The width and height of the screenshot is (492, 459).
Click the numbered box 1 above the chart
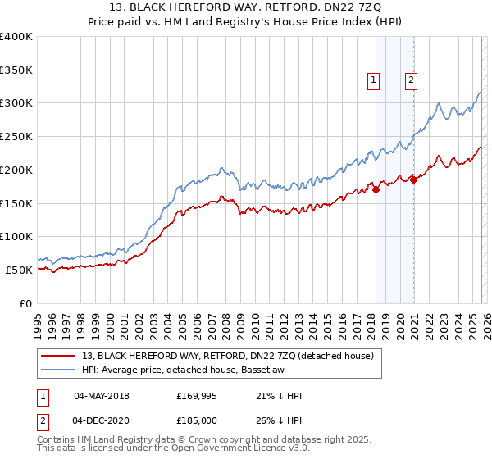click(x=373, y=80)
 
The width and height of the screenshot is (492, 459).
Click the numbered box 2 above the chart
click(x=410, y=80)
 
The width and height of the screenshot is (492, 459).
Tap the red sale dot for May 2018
click(x=376, y=189)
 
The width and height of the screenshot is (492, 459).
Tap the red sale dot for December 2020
click(x=414, y=180)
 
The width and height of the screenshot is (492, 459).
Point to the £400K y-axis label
click(x=16, y=37)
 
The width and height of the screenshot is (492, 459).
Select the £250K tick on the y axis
click(x=16, y=137)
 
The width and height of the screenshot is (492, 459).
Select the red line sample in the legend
click(x=58, y=356)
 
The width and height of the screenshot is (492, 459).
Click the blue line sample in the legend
click(x=58, y=370)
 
